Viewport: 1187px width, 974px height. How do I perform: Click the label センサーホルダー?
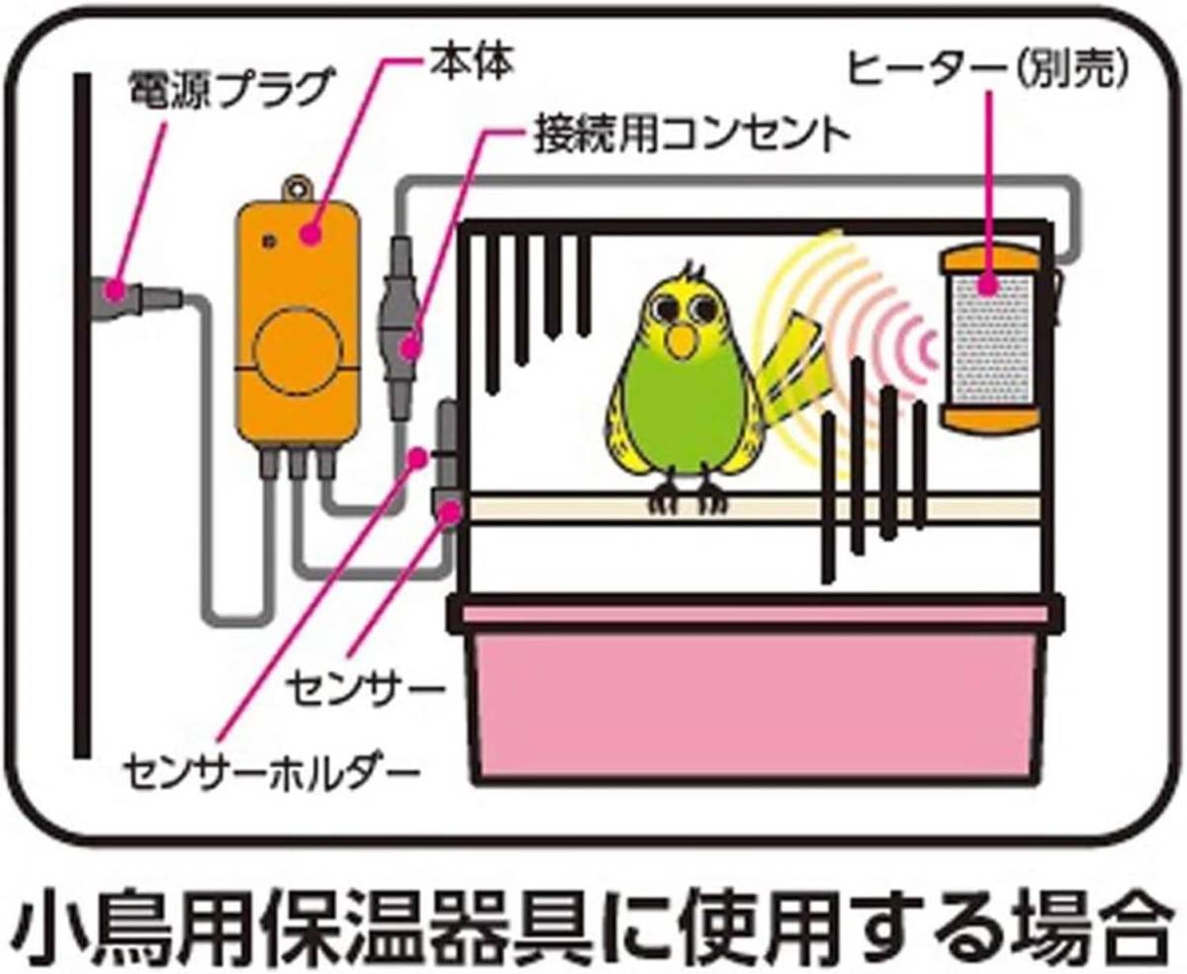coord(267,766)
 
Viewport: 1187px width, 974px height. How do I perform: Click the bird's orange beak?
coord(681,342)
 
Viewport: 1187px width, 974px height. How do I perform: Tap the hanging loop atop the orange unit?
coord(294,187)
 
